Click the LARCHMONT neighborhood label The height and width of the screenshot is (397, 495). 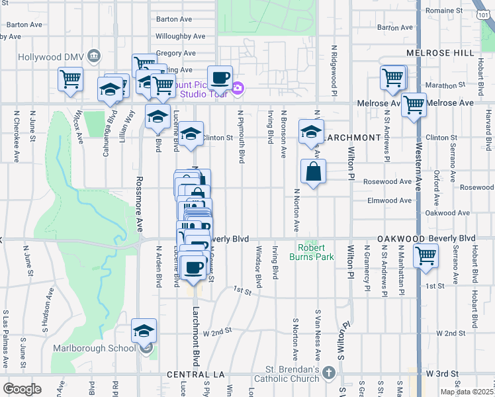point(354,138)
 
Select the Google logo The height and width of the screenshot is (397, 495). point(22,389)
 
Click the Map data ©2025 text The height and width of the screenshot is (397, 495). point(466,392)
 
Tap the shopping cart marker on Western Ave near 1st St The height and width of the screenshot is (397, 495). point(425,255)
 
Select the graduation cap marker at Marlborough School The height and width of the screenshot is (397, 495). point(144,331)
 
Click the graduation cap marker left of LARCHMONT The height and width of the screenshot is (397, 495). point(311,131)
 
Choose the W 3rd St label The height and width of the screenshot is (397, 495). point(443,374)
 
